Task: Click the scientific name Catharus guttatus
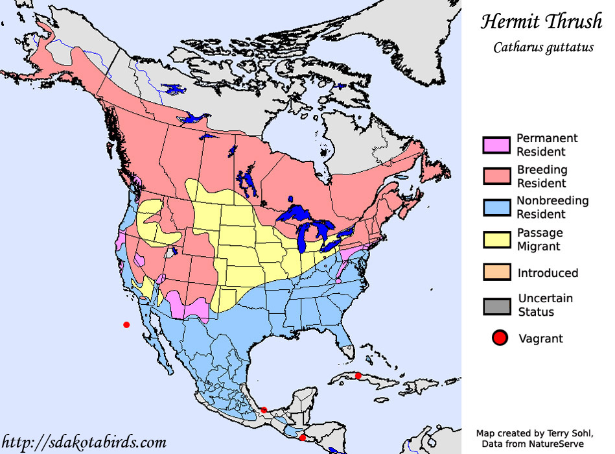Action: point(543,47)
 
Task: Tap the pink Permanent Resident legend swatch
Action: point(496,145)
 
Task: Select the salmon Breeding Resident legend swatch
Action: point(496,176)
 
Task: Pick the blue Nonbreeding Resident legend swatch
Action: point(496,208)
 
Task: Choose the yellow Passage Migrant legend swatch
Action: point(496,239)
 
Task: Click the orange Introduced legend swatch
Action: point(496,272)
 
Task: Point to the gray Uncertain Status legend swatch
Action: point(496,305)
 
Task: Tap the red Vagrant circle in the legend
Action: point(499,338)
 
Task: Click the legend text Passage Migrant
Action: point(539,239)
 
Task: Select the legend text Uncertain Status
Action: point(545,305)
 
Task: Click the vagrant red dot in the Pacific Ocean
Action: point(126,324)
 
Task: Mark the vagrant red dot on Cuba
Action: point(358,376)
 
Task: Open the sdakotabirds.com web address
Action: point(84,442)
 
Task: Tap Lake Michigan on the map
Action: point(304,237)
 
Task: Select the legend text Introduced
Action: point(548,273)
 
